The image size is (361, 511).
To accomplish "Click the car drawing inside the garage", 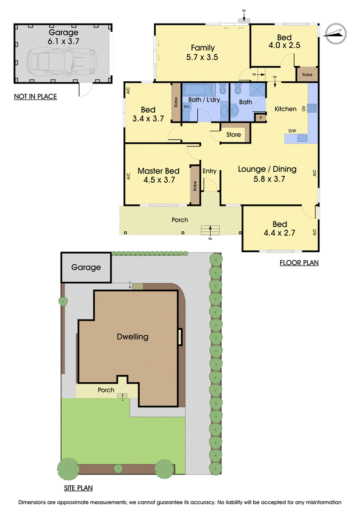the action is (62, 61).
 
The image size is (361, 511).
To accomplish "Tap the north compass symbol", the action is (336, 33).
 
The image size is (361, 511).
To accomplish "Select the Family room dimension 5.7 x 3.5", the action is (202, 57).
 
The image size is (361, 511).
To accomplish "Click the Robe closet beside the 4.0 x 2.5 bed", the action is (307, 75).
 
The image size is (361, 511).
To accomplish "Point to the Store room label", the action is (233, 135).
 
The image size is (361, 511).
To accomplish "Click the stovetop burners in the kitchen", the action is (312, 108).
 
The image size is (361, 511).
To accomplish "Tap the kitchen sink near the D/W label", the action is (302, 138).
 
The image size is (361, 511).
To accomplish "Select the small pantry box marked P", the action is (261, 117).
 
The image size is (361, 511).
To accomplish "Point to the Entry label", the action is (209, 171).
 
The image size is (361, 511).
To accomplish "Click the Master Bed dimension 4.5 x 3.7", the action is (159, 180).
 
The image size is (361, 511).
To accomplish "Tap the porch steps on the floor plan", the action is (210, 230).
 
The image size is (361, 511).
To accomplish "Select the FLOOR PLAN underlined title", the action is (299, 263).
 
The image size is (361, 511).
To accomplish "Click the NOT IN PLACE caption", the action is (36, 97).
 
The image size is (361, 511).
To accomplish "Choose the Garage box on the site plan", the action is (86, 267).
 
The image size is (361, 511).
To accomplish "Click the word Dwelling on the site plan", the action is (133, 337).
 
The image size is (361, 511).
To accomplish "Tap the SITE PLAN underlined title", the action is (78, 488).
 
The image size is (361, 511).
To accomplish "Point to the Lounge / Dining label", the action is (267, 169).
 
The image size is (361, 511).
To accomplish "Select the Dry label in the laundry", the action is (186, 107).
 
